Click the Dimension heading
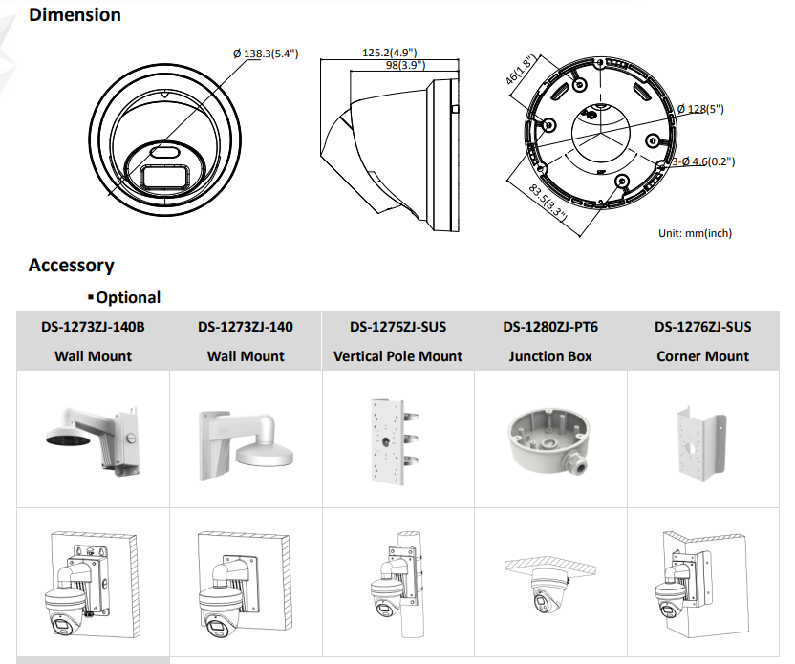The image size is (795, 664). click(x=75, y=15)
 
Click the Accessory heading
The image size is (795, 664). click(x=71, y=266)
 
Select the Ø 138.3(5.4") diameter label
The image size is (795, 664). click(x=266, y=54)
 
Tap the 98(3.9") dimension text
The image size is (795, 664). click(x=406, y=65)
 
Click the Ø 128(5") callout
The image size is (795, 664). click(x=700, y=109)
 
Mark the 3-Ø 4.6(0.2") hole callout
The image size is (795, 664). click(x=703, y=161)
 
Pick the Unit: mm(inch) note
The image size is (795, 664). click(x=696, y=232)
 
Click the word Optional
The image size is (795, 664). click(x=128, y=298)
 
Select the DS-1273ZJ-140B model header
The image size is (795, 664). click(x=93, y=327)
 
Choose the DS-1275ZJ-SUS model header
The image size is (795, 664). click(x=397, y=327)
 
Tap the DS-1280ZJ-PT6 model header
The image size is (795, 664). click(x=550, y=327)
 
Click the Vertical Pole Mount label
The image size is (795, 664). click(x=397, y=356)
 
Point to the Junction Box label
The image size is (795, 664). click(x=550, y=356)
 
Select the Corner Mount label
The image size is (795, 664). click(x=703, y=356)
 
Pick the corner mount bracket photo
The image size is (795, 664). click(x=702, y=439)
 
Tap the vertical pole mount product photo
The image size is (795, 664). click(x=399, y=439)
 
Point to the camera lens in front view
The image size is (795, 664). click(x=165, y=152)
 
